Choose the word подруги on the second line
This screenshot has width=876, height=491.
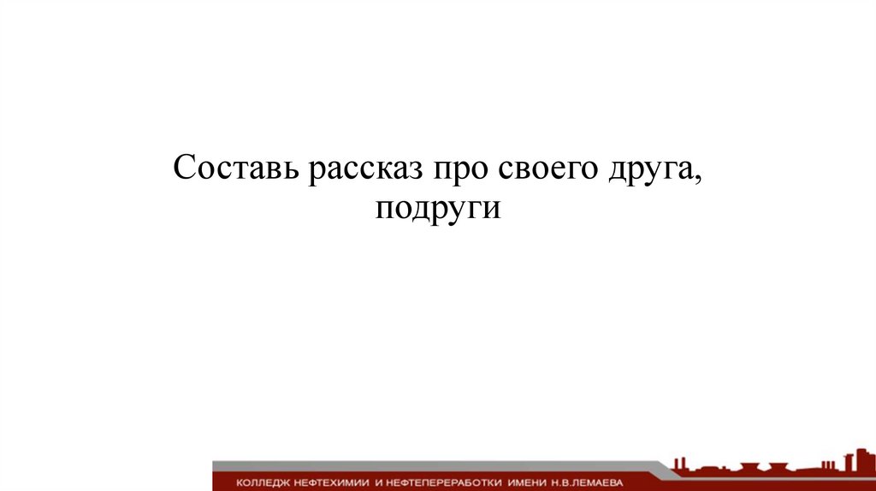437,209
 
